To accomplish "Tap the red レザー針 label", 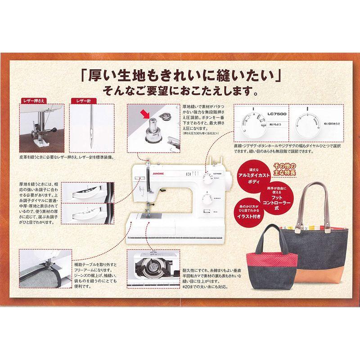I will coord(82,102).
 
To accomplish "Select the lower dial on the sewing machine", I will coord(207,198).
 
